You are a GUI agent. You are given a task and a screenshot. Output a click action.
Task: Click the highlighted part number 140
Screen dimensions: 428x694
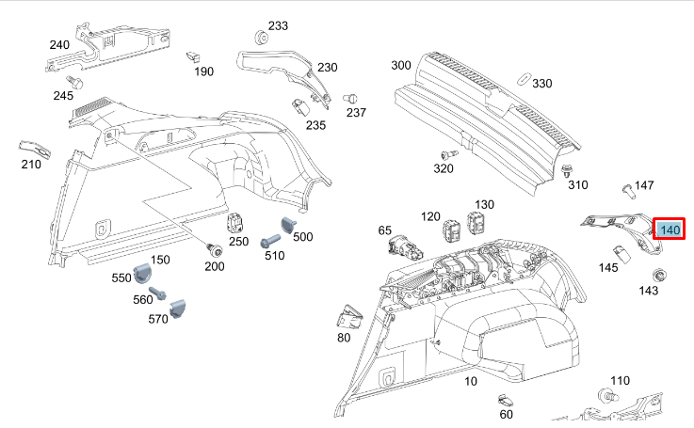670,230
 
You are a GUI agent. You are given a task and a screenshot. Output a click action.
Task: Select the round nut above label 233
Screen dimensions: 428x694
262,41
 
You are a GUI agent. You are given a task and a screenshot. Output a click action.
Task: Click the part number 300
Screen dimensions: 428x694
401,65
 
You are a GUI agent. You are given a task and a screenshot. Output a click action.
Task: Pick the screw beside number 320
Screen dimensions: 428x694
448,153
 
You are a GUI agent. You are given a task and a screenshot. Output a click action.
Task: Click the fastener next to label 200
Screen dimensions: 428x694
215,248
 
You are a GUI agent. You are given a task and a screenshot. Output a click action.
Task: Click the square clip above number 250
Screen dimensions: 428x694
235,223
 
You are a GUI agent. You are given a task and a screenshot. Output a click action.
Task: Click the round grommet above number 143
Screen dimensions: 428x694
660,275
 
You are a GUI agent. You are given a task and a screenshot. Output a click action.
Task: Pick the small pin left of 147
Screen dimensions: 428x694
627,190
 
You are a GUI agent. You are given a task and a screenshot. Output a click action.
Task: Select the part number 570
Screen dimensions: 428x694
157,319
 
